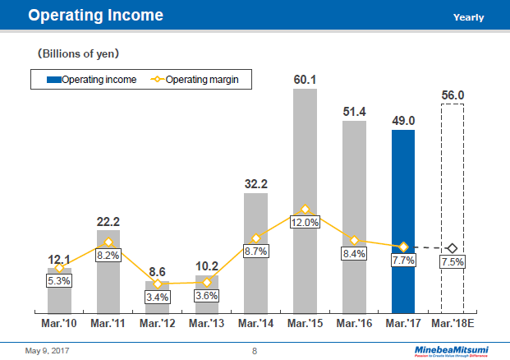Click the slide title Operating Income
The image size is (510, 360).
(95, 16)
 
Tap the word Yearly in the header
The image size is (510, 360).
(468, 17)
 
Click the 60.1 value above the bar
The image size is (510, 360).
(305, 80)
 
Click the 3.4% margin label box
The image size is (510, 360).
(158, 297)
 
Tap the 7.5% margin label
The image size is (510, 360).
(453, 261)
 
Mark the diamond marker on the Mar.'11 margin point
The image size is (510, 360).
(108, 242)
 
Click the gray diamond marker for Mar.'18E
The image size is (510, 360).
(453, 247)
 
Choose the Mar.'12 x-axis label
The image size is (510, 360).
(158, 323)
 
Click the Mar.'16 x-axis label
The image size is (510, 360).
(354, 323)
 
